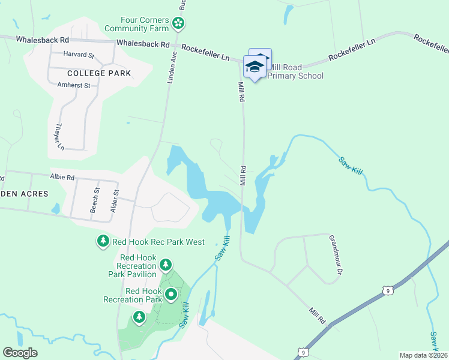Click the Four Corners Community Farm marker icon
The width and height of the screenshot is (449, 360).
(178, 23)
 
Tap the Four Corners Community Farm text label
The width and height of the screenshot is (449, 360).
(136, 23)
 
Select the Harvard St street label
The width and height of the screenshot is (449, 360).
(80, 55)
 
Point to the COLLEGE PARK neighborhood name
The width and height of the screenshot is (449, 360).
(99, 73)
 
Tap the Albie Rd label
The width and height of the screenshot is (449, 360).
(62, 178)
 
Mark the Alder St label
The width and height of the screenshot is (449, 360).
(116, 201)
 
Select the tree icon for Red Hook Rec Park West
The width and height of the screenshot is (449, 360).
(103, 241)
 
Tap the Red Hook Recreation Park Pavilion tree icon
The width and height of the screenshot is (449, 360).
(166, 265)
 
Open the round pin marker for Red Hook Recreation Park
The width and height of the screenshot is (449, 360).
(171, 295)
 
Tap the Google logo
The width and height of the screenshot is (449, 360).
(20, 352)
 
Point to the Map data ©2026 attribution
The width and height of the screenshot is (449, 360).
(423, 355)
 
